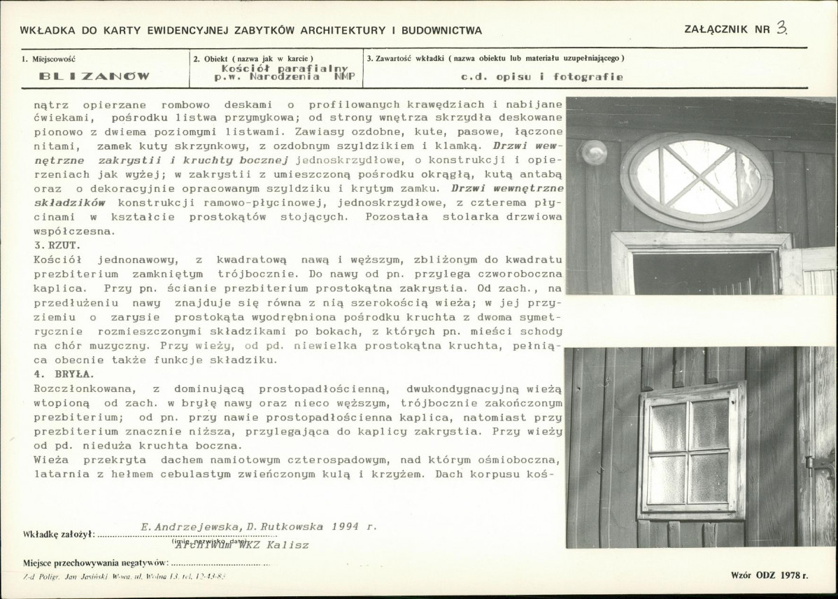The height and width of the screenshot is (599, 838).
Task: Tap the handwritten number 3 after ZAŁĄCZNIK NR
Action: (x=782, y=29)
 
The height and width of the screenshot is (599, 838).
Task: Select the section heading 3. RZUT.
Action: (x=57, y=246)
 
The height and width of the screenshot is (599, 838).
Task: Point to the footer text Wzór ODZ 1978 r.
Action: (x=768, y=575)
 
